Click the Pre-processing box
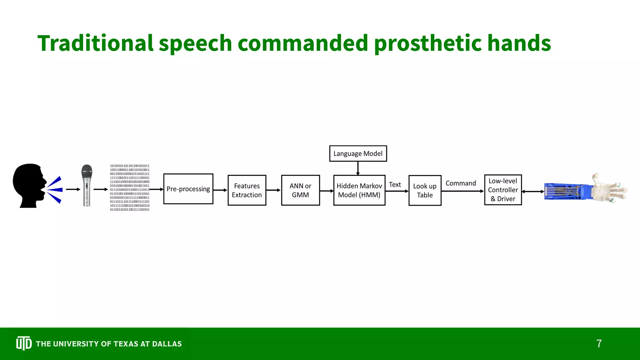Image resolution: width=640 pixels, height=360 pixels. pyautogui.click(x=188, y=189)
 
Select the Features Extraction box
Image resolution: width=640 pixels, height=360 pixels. pyautogui.click(x=247, y=190)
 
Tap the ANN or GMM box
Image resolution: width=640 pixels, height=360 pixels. pyautogui.click(x=300, y=190)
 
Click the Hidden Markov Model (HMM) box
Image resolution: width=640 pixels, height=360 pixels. pyautogui.click(x=359, y=190)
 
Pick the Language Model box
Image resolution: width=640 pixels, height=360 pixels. pyautogui.click(x=358, y=153)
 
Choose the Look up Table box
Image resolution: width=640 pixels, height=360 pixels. pyautogui.click(x=425, y=190)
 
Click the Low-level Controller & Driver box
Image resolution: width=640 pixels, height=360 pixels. pyautogui.click(x=503, y=190)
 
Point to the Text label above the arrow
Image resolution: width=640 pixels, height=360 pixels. pyautogui.click(x=395, y=185)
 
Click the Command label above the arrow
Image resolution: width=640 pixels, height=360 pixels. pyautogui.click(x=461, y=183)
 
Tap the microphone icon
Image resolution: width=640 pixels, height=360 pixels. pyautogui.click(x=87, y=185)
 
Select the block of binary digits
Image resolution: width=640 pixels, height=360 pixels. pyautogui.click(x=130, y=187)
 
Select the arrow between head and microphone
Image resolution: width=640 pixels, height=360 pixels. pyautogui.click(x=73, y=189)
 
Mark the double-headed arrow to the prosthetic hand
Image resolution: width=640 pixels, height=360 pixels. pyautogui.click(x=533, y=192)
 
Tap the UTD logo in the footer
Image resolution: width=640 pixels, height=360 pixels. pyautogui.click(x=24, y=343)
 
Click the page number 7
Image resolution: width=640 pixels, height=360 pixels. pyautogui.click(x=599, y=344)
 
